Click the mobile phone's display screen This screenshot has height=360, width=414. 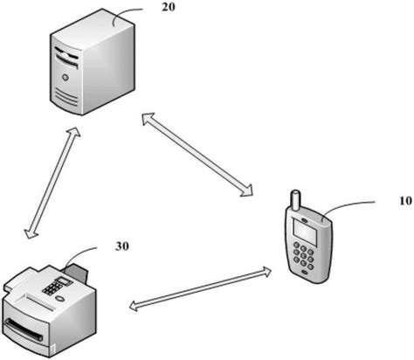tap(303, 234)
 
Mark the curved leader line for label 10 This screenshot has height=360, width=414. tap(349, 208)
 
